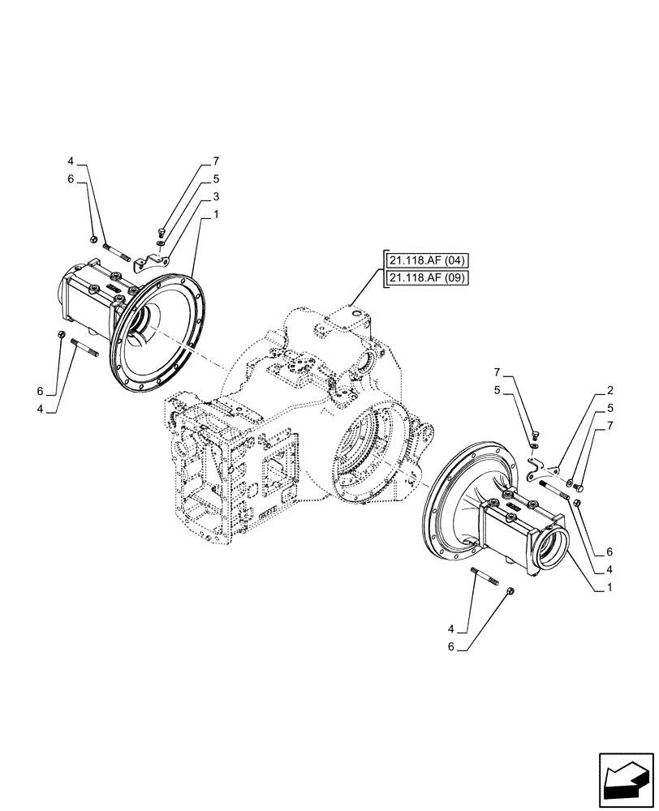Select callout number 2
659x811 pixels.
coord(609,390)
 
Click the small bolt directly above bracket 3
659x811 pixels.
coord(161,228)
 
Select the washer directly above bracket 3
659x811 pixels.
coord(162,240)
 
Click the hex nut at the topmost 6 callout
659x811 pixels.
coord(94,239)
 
